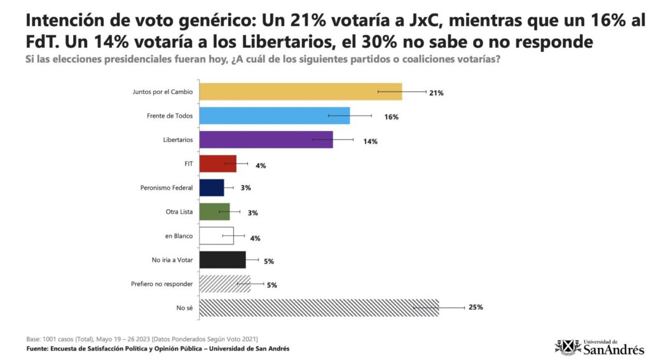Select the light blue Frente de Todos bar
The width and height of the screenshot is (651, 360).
tap(274, 116)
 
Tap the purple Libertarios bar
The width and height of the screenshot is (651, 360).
tap(266, 140)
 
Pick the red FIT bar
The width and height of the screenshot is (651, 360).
tap(217, 164)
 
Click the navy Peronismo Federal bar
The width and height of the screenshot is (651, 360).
tap(211, 188)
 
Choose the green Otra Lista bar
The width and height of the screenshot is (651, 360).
tap(214, 212)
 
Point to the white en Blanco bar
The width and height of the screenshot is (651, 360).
tap(216, 236)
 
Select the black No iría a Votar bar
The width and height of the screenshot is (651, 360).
tap(222, 260)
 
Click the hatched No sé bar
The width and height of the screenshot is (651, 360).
tap(319, 308)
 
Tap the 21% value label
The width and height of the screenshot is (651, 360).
tap(436, 93)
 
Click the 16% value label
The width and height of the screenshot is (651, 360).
tap(391, 117)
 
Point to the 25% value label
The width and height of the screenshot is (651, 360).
tap(476, 307)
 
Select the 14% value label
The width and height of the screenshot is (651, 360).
tap(371, 141)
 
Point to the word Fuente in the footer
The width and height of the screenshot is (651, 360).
tap(38, 349)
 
